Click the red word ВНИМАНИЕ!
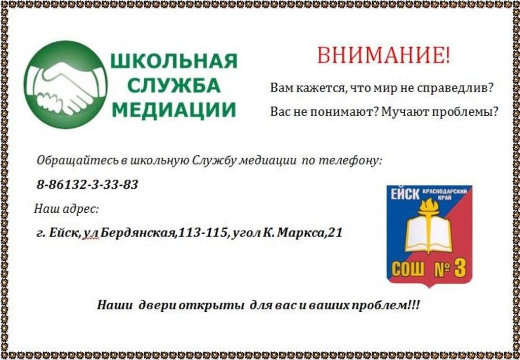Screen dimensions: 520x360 coord(384,55)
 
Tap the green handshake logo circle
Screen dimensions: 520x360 coord(66,84)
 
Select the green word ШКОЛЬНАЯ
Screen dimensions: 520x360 coord(174,61)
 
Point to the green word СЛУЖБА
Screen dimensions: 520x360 coord(174,85)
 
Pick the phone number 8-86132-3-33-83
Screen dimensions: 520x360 coord(87,185)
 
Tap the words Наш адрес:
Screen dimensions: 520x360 coord(67,210)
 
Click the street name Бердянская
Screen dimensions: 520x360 coord(138,233)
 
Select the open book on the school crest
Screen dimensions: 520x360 coord(429,234)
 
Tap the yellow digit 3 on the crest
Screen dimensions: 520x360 coord(460,269)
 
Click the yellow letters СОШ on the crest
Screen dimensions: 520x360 coord(408,270)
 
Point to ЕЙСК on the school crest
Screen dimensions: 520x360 coord(405,194)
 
